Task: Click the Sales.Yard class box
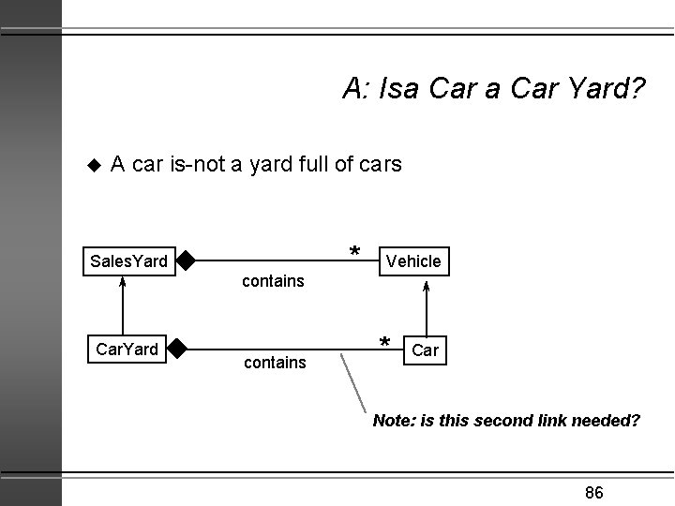(127, 260)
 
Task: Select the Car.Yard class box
(127, 350)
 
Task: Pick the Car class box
(425, 350)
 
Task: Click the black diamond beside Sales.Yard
(185, 260)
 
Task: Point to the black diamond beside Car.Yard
(177, 350)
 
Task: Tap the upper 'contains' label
(273, 281)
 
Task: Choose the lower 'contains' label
(275, 362)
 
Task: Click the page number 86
(593, 493)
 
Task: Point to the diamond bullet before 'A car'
(92, 166)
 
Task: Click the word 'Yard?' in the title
(610, 90)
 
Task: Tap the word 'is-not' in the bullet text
(199, 165)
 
